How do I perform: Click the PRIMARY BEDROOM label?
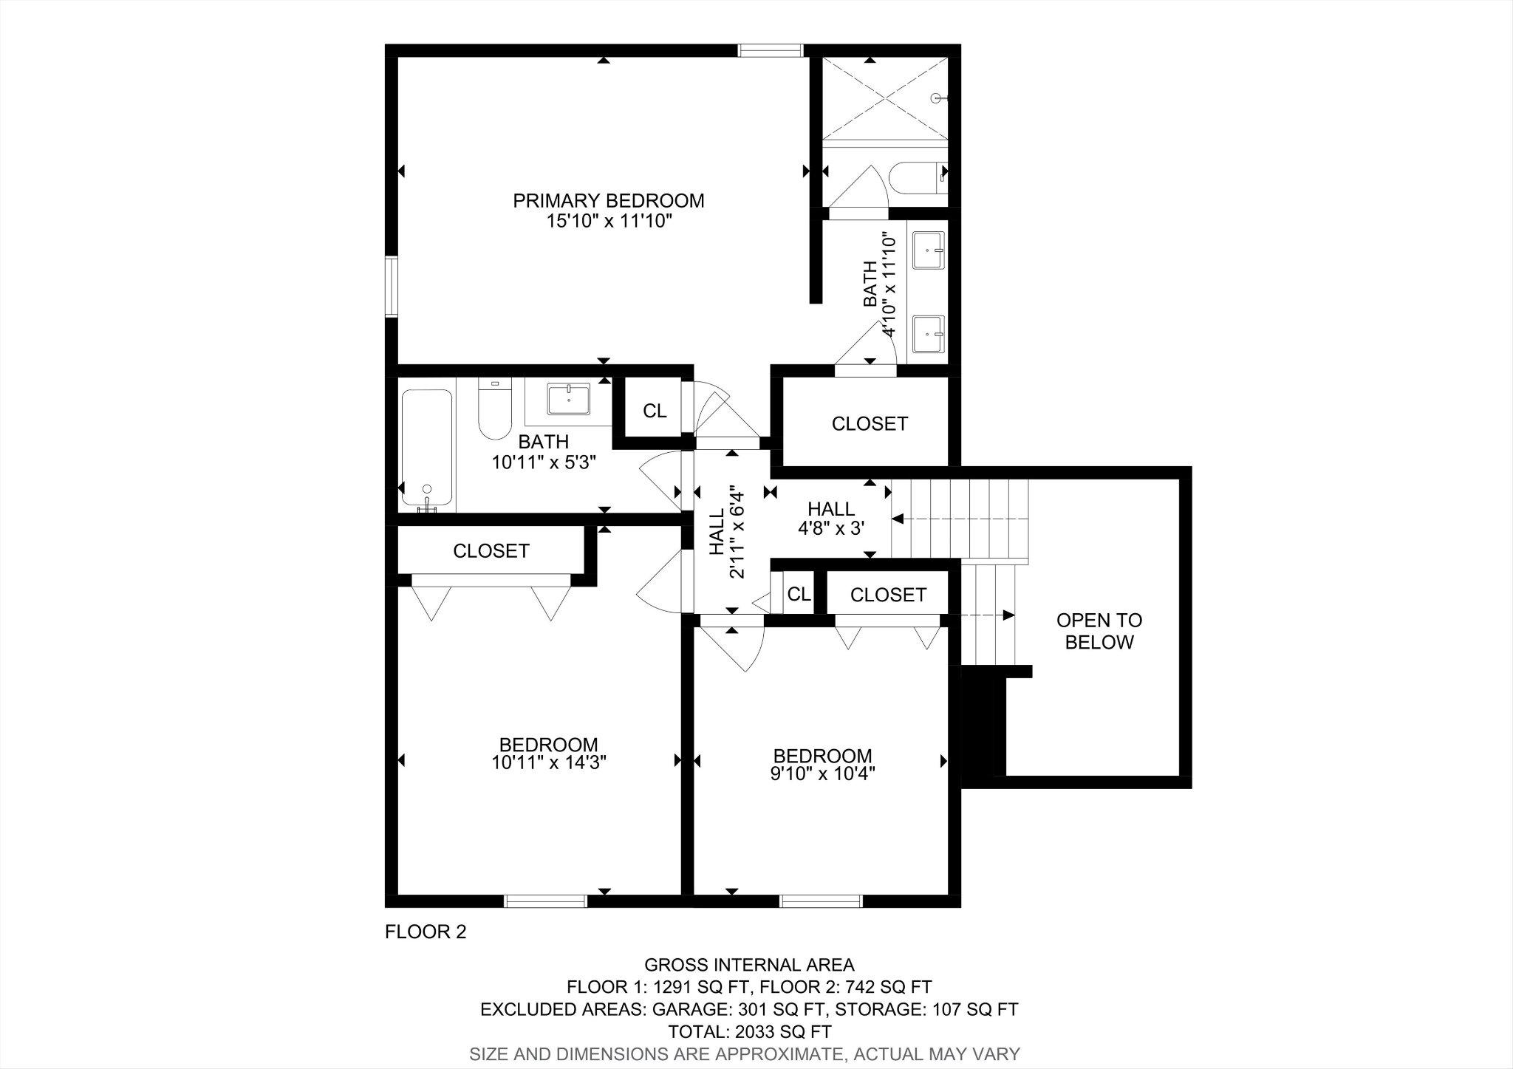609,200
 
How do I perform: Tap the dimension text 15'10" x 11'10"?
609,221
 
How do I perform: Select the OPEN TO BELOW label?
1099,631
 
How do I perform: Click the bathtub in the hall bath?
426,448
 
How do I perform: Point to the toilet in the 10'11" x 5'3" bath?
494,410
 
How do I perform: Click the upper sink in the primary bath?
929,250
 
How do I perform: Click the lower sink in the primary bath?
929,335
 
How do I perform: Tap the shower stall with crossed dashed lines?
885,98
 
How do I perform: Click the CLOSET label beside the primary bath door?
870,423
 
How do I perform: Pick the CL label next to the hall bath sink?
655,411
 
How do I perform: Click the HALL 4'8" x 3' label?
831,518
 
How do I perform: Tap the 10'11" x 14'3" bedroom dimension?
549,762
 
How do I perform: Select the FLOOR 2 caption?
426,932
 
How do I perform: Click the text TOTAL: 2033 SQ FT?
749,1031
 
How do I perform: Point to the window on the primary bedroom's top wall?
771,50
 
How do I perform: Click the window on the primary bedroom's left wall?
392,287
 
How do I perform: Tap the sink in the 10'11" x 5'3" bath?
569,399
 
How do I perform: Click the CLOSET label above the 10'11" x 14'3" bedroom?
491,551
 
